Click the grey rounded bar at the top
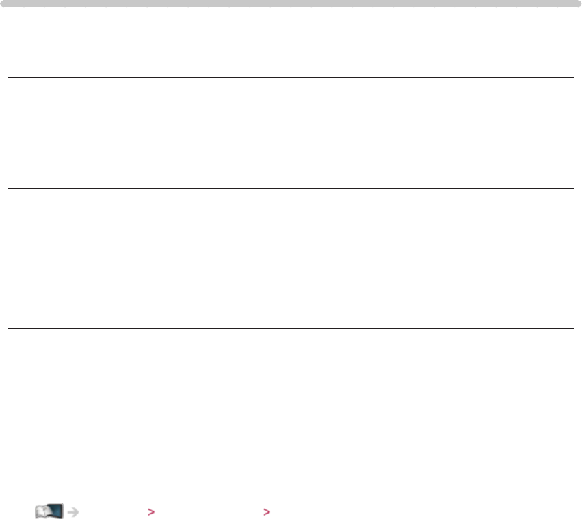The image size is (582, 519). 291,3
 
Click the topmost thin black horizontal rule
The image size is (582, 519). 291,77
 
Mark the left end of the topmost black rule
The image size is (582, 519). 9,77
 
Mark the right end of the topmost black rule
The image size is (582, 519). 572,77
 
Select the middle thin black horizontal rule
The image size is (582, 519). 291,188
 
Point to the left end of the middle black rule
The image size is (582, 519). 9,188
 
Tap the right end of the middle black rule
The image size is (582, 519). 572,188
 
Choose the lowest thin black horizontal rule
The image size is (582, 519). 291,329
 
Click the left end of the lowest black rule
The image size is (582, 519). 9,329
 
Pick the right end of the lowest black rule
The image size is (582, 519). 572,329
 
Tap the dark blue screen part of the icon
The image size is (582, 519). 56,510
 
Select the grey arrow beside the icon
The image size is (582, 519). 72,511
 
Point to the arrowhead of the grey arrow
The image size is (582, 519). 77,511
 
